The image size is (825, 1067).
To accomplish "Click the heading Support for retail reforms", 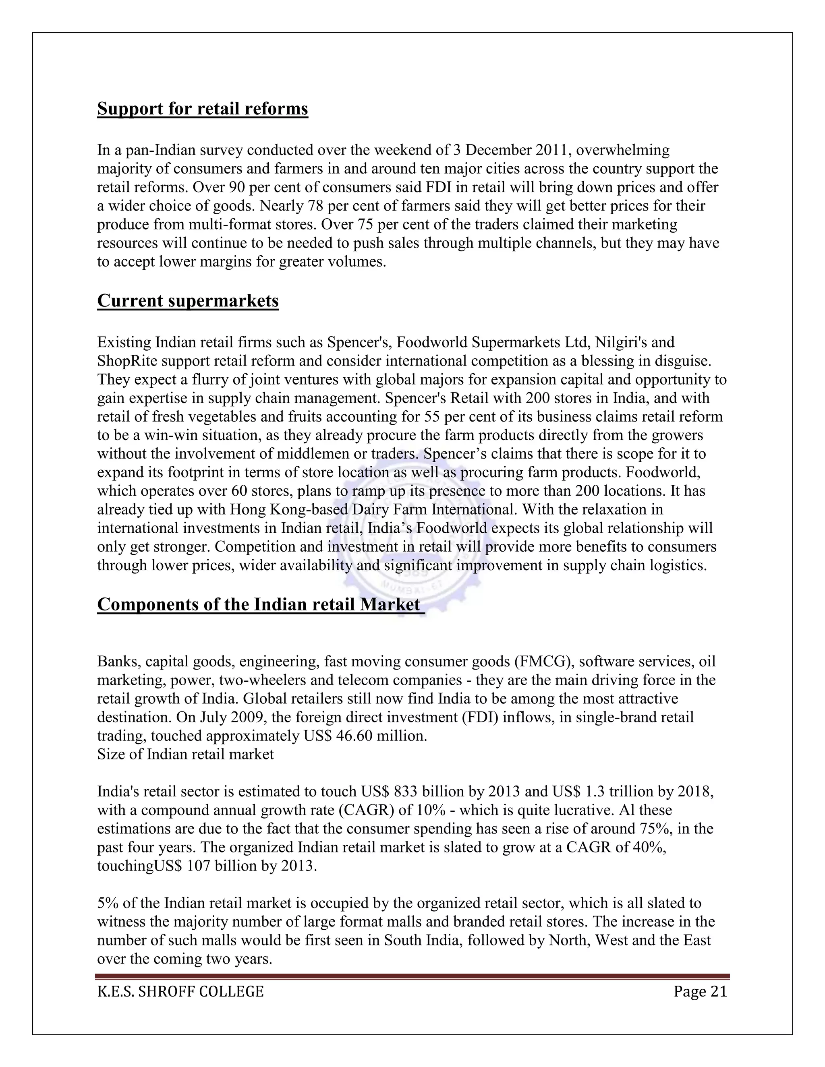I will pos(202,108).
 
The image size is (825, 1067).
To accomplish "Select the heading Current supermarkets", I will pos(188,300).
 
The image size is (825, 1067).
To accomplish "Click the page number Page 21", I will pos(700,991).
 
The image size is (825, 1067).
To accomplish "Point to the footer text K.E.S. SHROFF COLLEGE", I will pos(180,991).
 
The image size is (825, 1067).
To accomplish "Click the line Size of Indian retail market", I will pos(185,754).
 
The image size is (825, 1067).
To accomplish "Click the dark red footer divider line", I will pos(412,976).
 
